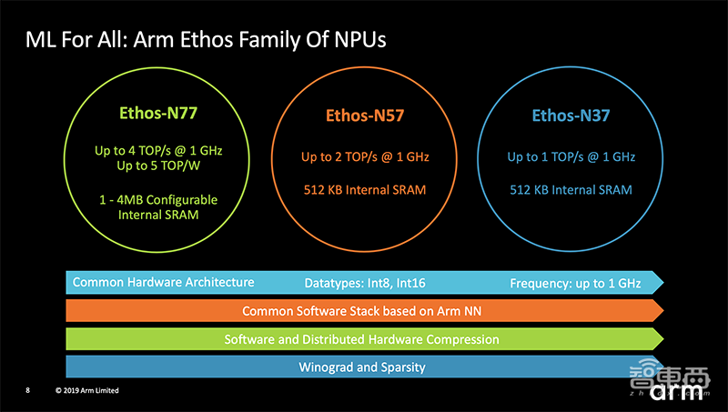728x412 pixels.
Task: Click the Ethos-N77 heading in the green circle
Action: [158, 115]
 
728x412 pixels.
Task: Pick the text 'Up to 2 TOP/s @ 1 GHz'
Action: [365, 156]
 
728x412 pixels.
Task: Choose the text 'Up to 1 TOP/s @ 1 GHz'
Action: [571, 156]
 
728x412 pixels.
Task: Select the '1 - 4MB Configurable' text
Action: [158, 199]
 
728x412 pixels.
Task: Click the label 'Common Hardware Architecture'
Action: [163, 282]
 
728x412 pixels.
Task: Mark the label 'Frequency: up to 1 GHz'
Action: [575, 283]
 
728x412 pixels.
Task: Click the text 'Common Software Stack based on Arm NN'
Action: [362, 311]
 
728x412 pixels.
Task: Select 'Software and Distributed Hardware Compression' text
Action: [361, 339]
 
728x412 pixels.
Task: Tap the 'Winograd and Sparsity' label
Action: [362, 367]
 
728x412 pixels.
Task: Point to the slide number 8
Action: [27, 390]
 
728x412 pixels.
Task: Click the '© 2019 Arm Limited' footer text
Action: [86, 390]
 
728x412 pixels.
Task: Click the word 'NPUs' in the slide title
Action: [349, 41]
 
